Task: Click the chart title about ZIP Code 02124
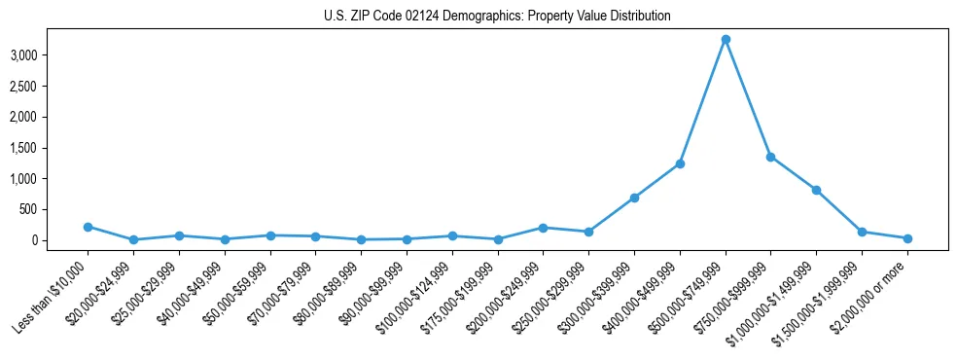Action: tap(497, 17)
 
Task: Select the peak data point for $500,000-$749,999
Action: tap(726, 40)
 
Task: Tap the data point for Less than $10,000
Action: tap(88, 227)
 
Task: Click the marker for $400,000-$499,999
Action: tap(680, 163)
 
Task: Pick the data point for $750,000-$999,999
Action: tap(770, 157)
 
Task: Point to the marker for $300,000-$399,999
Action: tap(634, 198)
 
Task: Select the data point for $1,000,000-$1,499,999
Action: tap(816, 190)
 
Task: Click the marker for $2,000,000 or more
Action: tap(907, 238)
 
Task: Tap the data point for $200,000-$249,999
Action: tap(543, 228)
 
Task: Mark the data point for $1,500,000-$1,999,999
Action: tap(862, 232)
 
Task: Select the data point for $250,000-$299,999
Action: tap(588, 232)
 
